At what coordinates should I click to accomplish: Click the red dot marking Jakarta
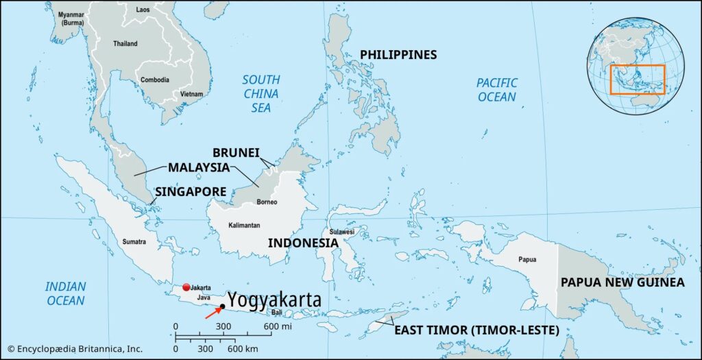click(x=185, y=287)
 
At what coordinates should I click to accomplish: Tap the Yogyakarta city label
click(x=274, y=300)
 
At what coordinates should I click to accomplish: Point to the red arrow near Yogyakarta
click(x=213, y=313)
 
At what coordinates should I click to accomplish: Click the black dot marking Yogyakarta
click(x=223, y=307)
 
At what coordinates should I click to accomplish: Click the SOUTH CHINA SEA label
click(x=261, y=93)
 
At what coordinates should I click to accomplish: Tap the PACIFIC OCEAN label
click(x=497, y=90)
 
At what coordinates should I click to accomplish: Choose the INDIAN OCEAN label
click(x=65, y=293)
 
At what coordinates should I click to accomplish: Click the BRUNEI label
click(x=236, y=153)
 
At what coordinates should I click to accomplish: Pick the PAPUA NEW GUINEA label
click(x=622, y=283)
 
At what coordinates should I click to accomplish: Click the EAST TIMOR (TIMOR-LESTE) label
click(x=476, y=331)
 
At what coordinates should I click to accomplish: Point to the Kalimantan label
click(x=244, y=226)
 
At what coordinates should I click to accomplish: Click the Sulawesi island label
click(x=341, y=232)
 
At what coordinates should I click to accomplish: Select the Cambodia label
click(x=155, y=80)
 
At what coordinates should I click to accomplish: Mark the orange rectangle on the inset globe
click(x=638, y=80)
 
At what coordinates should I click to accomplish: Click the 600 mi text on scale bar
click(x=276, y=326)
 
